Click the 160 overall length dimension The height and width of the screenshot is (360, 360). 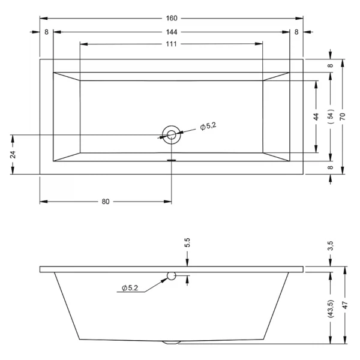[172, 18]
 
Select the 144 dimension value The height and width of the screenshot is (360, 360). [172, 32]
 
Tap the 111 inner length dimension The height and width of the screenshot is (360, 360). [171, 44]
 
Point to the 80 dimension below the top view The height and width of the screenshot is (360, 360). [106, 202]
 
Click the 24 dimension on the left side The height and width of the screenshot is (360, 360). [13, 155]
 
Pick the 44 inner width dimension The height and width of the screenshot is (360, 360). [316, 116]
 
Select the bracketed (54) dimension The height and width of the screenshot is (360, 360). [331, 116]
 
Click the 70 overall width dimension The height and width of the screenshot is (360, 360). [343, 116]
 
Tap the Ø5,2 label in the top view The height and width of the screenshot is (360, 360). [208, 126]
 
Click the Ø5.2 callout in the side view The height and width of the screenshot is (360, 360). [130, 288]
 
